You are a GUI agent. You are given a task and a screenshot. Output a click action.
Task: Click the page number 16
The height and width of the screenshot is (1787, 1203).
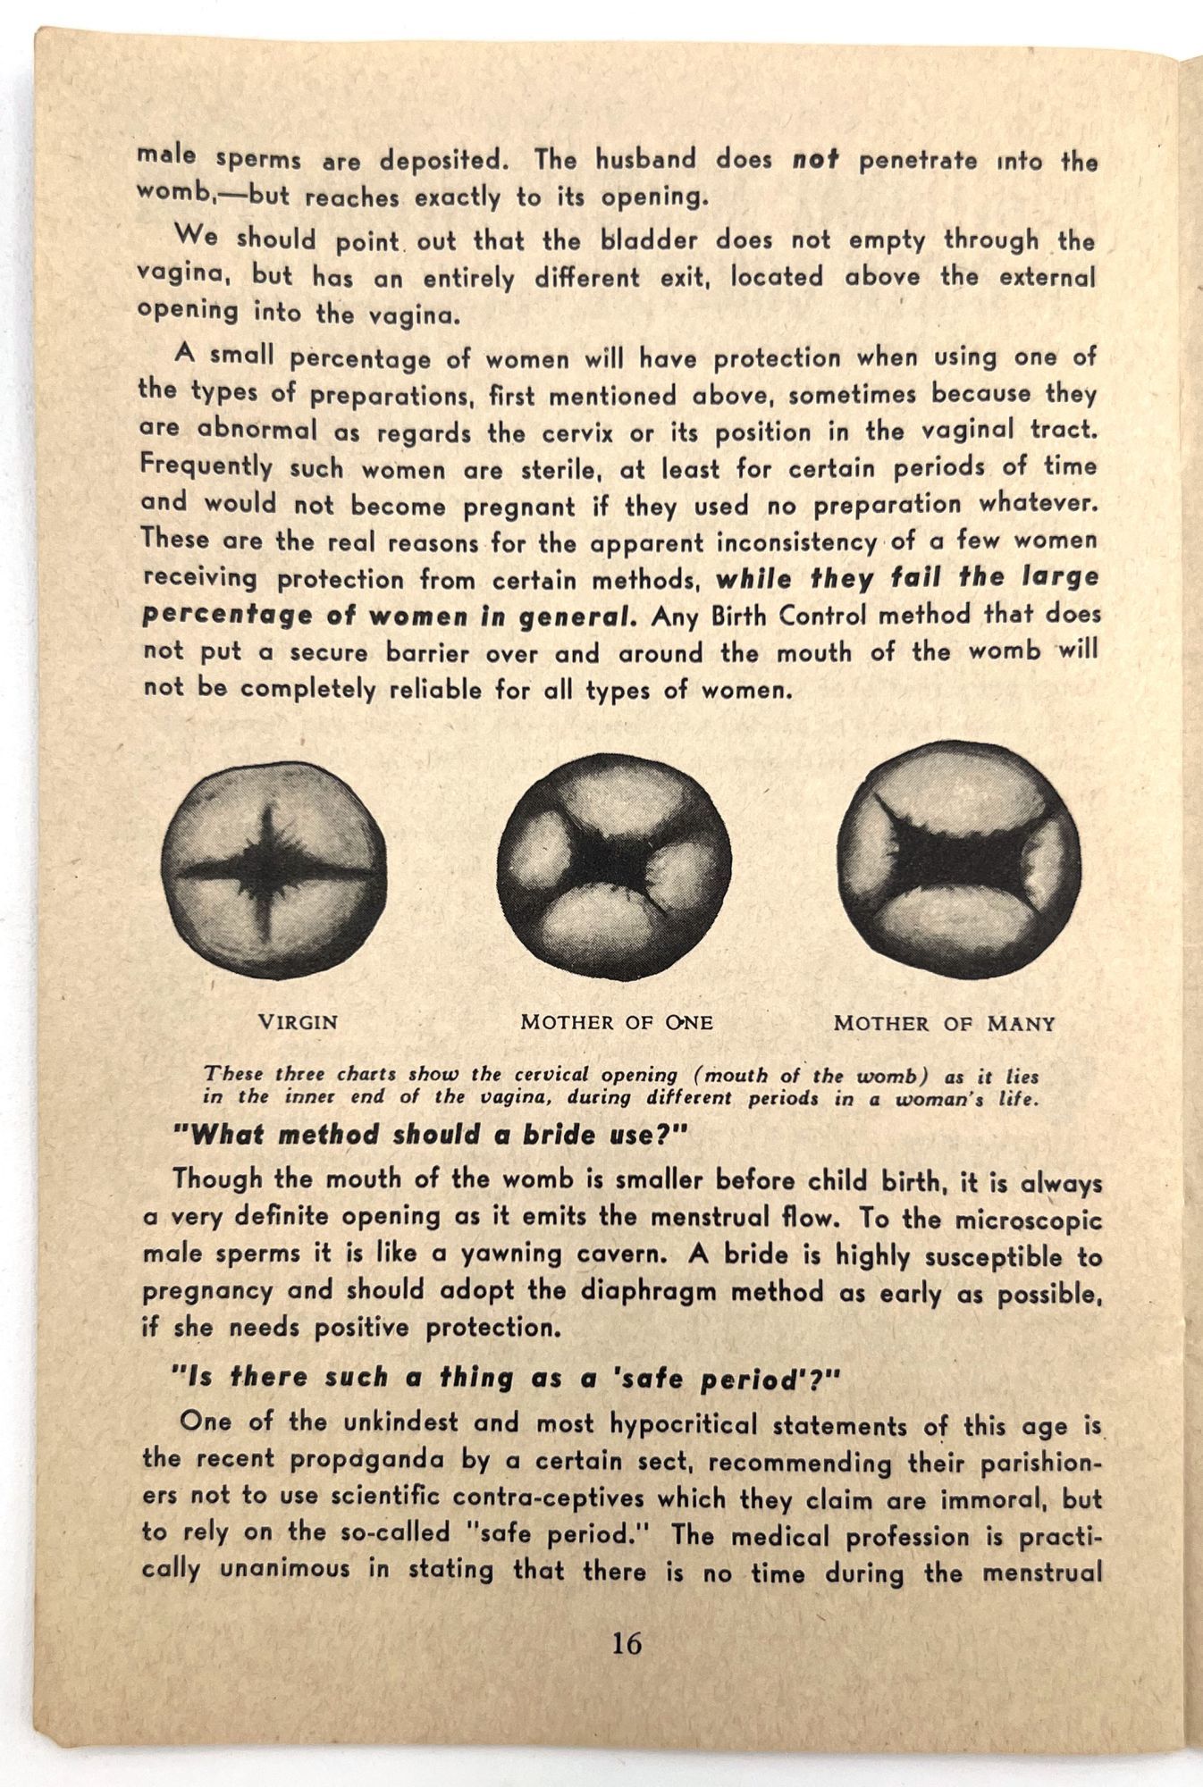click(x=627, y=1643)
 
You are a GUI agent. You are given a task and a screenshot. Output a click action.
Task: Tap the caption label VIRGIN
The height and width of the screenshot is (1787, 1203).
click(x=298, y=1022)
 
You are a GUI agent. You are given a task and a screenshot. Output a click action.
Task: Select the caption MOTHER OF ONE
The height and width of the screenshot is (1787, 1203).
click(x=617, y=1022)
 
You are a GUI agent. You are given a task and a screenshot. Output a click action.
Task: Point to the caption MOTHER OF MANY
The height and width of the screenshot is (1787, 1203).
click(x=944, y=1023)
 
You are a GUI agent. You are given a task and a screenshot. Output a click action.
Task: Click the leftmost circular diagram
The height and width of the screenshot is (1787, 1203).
click(x=274, y=869)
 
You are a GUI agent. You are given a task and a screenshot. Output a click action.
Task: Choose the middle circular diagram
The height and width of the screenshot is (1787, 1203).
click(x=614, y=867)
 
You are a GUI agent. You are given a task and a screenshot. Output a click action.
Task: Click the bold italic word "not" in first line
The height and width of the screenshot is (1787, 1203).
click(x=815, y=160)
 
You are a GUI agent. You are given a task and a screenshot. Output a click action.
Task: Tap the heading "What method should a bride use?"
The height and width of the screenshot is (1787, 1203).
click(x=429, y=1135)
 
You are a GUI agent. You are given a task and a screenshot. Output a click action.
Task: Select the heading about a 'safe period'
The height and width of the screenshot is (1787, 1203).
click(x=506, y=1378)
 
